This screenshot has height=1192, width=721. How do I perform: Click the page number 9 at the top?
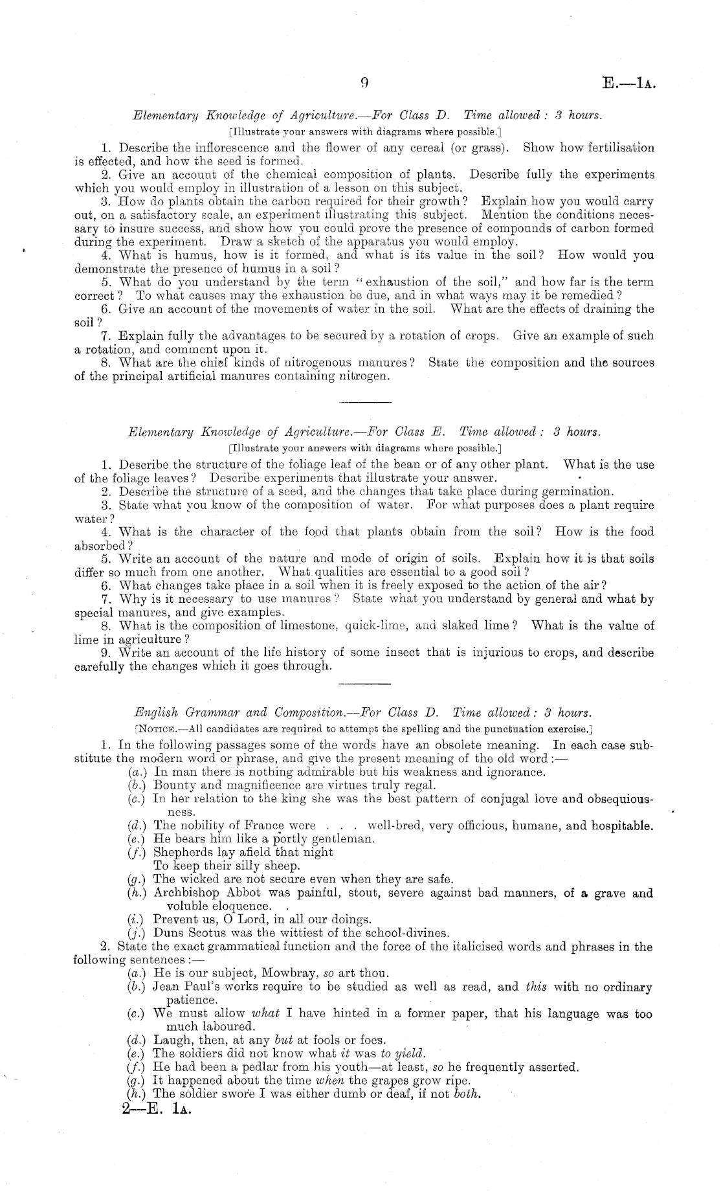click(x=364, y=83)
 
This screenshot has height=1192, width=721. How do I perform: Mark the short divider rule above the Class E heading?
click(x=365, y=403)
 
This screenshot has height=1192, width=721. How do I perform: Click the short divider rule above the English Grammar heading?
click(x=365, y=683)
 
